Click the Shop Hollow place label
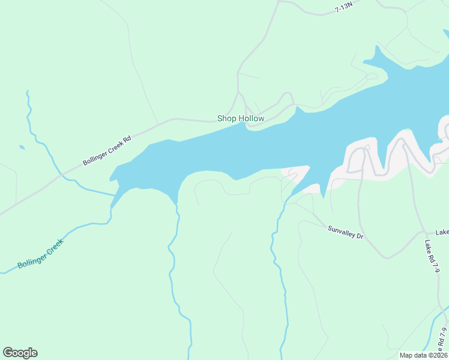(241, 119)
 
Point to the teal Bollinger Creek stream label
(40, 254)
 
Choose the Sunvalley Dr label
(346, 232)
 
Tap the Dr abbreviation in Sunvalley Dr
(360, 236)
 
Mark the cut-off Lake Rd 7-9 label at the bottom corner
(442, 340)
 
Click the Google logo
(20, 353)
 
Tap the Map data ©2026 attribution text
(423, 355)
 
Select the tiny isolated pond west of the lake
(22, 147)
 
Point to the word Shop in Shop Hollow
(227, 119)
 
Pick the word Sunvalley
(342, 231)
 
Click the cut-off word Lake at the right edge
(442, 232)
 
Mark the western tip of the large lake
(110, 178)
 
